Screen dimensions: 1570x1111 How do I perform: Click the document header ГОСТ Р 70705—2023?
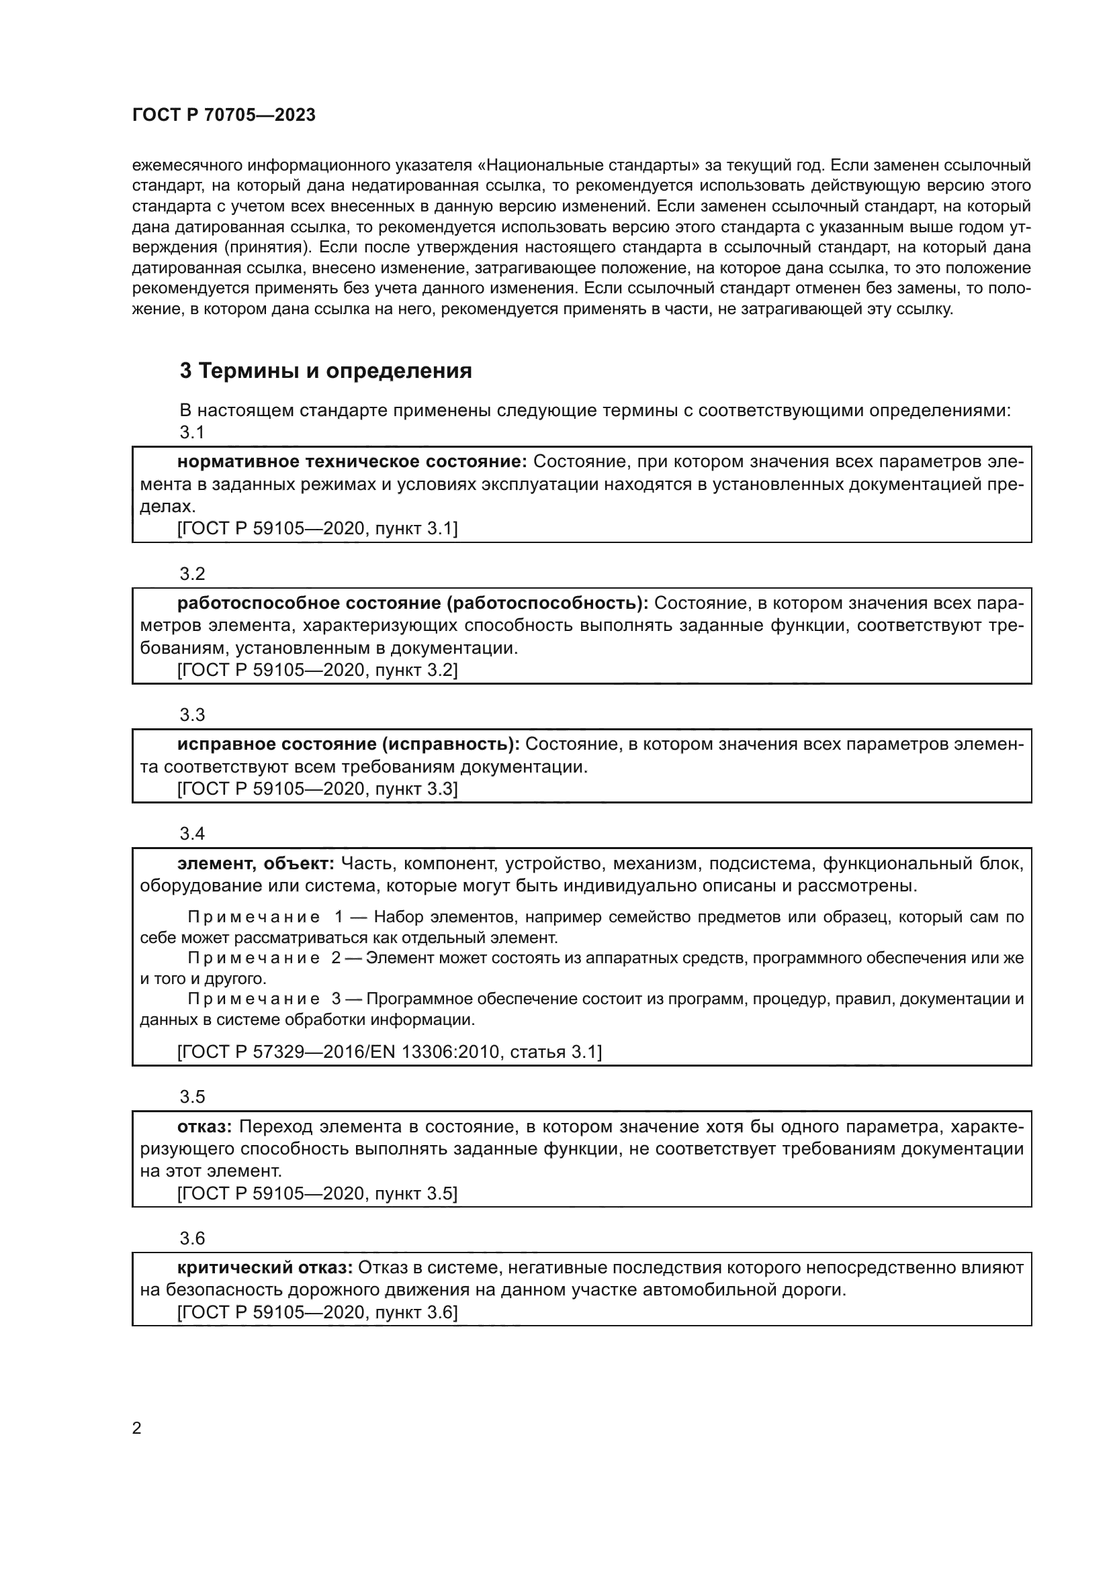coord(224,115)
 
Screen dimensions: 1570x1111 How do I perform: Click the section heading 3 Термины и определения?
coord(326,371)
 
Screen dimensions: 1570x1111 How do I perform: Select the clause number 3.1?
coord(192,432)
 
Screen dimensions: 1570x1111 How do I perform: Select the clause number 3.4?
coord(192,834)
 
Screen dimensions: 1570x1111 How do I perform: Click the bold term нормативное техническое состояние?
coord(351,462)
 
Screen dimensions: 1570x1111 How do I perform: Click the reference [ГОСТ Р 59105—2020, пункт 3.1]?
coord(318,528)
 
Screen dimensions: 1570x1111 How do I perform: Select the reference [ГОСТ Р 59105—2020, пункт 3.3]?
coord(318,789)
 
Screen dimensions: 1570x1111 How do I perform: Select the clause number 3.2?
coord(192,574)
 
